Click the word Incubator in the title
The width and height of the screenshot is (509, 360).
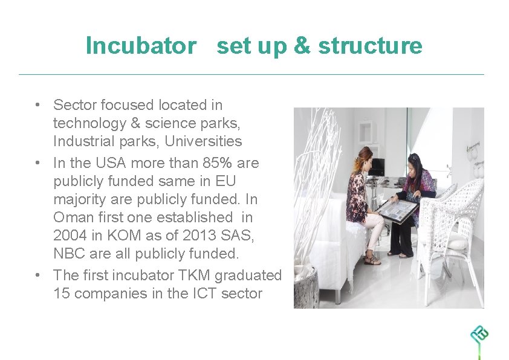pyautogui.click(x=141, y=46)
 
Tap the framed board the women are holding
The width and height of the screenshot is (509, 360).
pyautogui.click(x=397, y=210)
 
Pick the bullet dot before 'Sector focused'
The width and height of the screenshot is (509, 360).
pyautogui.click(x=37, y=105)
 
